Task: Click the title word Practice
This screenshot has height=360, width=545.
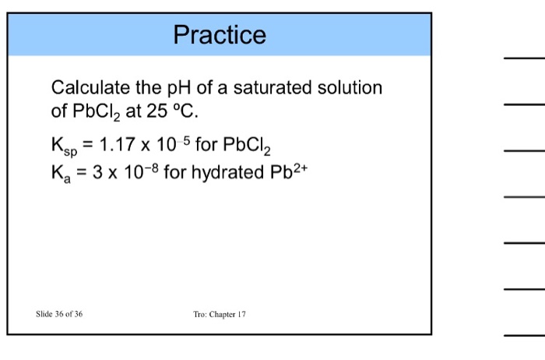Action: tap(220, 35)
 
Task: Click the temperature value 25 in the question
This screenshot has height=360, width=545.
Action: tap(153, 111)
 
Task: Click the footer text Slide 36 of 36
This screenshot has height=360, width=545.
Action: tap(59, 314)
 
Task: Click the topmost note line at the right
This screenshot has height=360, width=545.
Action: tap(524, 58)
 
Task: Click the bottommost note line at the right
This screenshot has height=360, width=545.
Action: tap(524, 335)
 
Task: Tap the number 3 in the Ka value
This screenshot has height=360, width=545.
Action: tap(98, 171)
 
